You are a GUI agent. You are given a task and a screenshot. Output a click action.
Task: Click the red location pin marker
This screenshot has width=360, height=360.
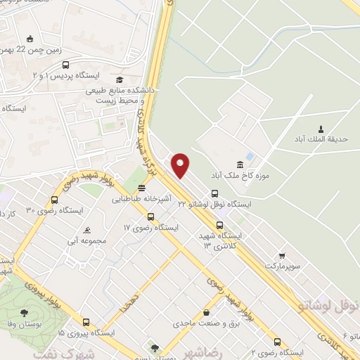181,165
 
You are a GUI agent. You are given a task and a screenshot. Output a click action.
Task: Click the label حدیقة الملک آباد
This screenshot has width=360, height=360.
321,139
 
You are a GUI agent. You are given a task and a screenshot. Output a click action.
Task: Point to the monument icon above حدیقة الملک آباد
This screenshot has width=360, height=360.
321,128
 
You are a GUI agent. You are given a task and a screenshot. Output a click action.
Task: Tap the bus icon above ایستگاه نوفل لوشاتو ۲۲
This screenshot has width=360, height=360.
214,193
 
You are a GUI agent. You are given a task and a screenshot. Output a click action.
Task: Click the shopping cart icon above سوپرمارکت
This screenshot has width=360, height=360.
282,256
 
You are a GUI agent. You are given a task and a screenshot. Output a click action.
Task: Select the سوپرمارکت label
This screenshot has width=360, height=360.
281,266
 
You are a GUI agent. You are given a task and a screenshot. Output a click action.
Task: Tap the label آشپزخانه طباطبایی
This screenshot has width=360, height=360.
142,199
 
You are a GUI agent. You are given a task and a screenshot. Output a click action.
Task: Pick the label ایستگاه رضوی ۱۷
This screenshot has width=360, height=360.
147,229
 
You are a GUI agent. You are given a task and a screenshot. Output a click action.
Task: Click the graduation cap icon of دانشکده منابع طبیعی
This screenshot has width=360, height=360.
120,80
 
